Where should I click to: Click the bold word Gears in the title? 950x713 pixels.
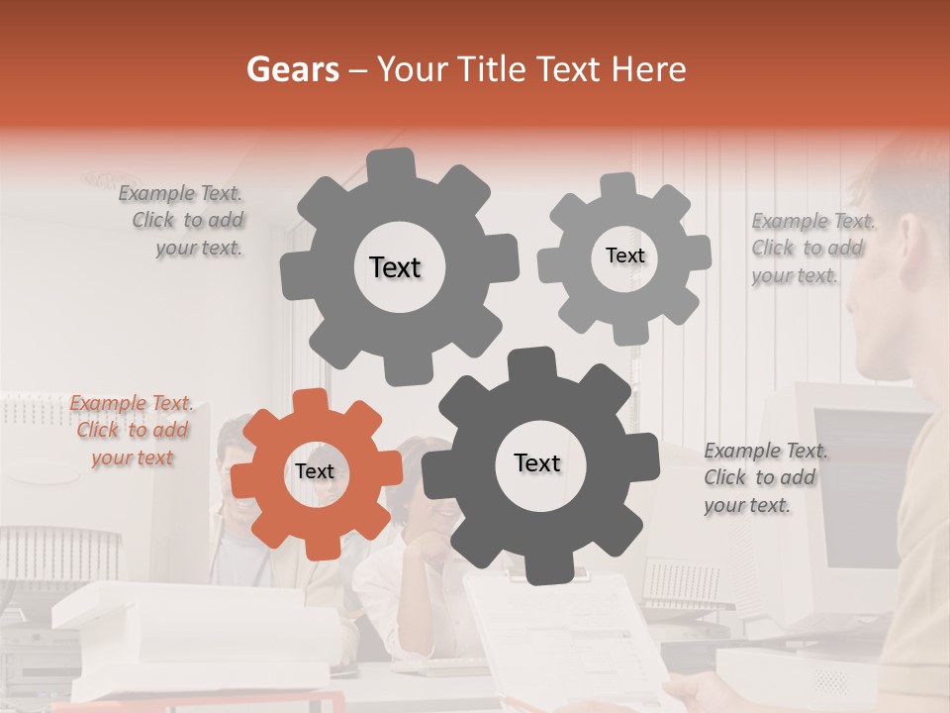point(292,69)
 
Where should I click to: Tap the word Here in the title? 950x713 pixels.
point(647,69)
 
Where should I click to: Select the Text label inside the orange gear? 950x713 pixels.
point(315,472)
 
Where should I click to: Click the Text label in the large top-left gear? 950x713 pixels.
point(395,267)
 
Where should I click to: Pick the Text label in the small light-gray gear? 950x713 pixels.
point(624,255)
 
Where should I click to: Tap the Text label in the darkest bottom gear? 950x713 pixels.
point(537,463)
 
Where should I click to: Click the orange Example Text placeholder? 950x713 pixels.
point(132,431)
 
